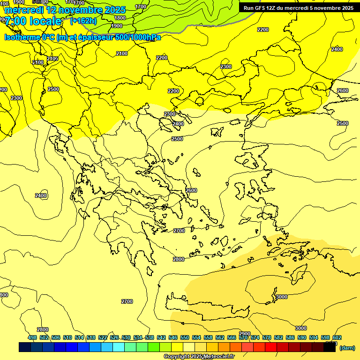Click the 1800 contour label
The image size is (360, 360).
click(120, 18)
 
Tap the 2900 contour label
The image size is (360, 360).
click(245, 333)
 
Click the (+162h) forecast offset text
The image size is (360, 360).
click(83, 21)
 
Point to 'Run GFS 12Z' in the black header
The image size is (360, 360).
click(259, 8)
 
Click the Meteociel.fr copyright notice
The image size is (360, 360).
click(199, 356)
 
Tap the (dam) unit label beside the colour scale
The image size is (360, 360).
click(347, 347)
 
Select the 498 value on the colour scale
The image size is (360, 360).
click(32, 337)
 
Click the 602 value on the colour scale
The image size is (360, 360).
click(337, 337)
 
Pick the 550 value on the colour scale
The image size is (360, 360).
click(185, 337)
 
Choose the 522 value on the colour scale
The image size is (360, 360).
click(103, 337)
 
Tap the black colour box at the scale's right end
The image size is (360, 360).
click(330, 347)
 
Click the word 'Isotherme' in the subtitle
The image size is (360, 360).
click(22, 37)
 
